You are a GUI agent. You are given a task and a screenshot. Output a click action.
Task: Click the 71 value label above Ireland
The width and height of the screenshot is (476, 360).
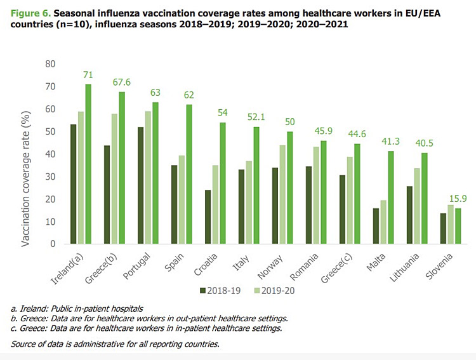[88, 76]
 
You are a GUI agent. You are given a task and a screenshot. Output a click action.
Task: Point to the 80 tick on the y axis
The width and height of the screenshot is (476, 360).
[57, 64]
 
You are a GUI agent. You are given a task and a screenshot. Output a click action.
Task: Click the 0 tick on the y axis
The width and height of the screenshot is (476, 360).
[60, 244]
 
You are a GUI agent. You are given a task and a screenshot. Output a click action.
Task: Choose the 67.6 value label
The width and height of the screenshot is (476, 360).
[123, 83]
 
